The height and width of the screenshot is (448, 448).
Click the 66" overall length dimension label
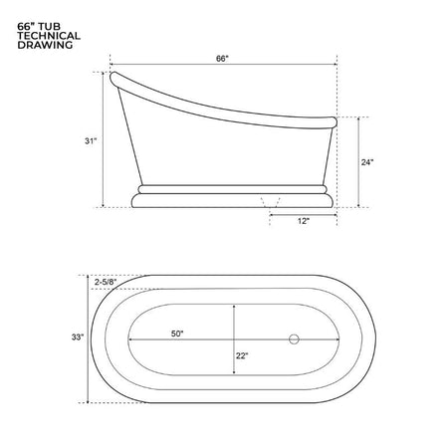[x=222, y=59]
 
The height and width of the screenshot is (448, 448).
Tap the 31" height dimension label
[x=91, y=141]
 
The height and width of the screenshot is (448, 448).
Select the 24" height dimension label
[x=367, y=162]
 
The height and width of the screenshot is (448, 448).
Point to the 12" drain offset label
[x=304, y=221]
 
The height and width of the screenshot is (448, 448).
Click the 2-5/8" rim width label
[x=106, y=282]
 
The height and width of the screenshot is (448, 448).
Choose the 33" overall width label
[x=78, y=337]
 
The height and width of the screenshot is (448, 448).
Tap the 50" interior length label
[x=177, y=334]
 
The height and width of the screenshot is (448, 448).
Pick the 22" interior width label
[x=242, y=355]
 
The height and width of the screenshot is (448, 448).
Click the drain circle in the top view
[x=294, y=339]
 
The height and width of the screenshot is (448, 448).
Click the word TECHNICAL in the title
[x=49, y=36]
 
